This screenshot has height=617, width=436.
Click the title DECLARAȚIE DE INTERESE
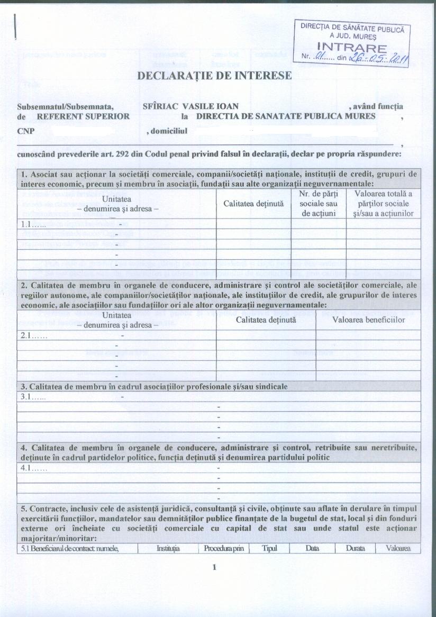pos(214,76)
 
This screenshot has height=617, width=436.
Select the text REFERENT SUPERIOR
pos(83,116)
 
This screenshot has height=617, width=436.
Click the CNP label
pos(25,130)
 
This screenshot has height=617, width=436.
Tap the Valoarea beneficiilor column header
pos(368,320)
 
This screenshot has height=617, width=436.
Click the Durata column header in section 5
pos(355,548)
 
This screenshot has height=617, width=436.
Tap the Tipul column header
pos(269,548)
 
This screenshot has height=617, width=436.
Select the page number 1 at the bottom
pos(214,568)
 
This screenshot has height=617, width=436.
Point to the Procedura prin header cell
pos(223,548)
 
